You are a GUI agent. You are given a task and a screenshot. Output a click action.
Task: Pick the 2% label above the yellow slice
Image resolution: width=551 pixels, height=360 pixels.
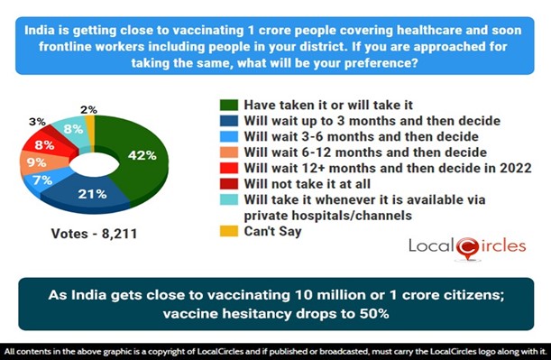[x=87, y=108]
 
